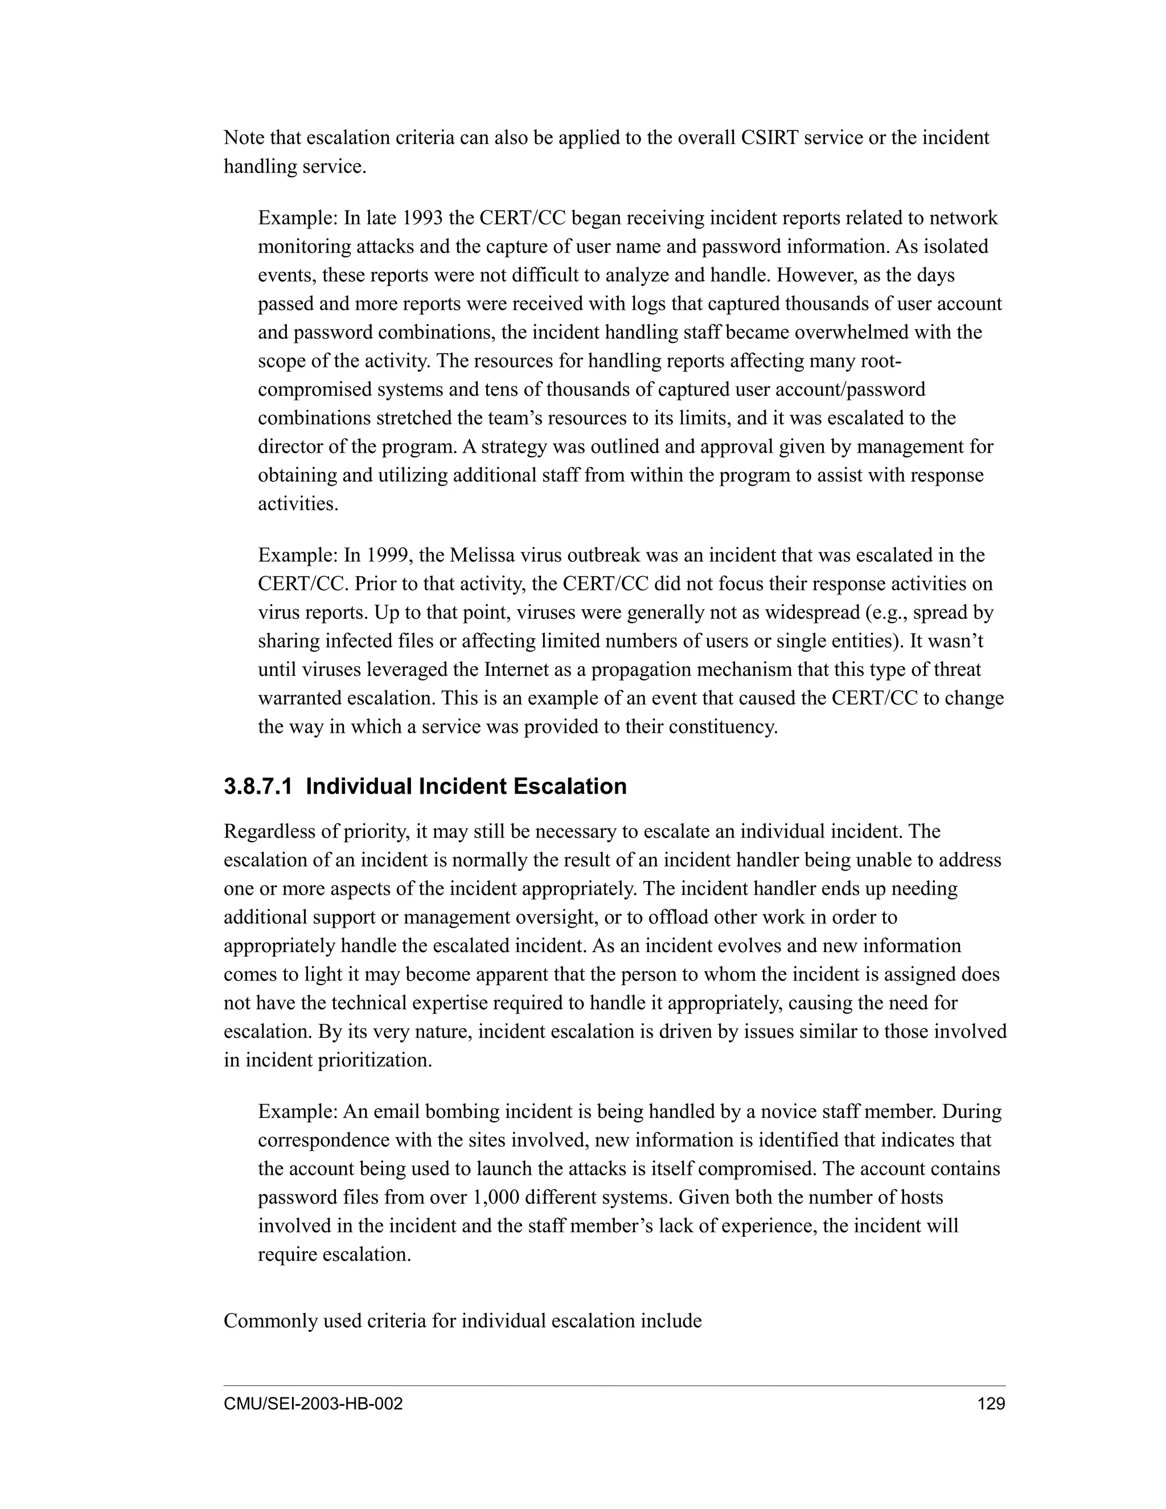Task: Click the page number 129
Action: tap(991, 1405)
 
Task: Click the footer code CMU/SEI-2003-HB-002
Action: tap(313, 1405)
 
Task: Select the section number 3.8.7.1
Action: tap(259, 786)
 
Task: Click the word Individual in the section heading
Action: tap(359, 786)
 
